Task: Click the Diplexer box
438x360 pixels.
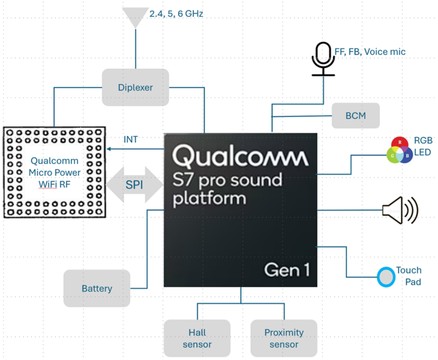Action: click(x=135, y=87)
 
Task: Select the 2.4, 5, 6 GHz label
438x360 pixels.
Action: click(x=176, y=14)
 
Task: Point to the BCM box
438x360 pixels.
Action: click(x=355, y=116)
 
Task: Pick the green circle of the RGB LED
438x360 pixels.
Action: click(x=393, y=155)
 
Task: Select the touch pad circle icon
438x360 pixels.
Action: click(x=386, y=277)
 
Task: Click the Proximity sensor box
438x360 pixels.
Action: click(x=284, y=338)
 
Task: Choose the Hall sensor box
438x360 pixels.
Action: click(x=197, y=338)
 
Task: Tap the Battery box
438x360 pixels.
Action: click(x=97, y=288)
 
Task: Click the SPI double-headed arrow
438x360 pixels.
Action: click(x=135, y=185)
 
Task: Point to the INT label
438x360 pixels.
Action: click(x=131, y=140)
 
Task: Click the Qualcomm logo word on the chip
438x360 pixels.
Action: click(x=240, y=156)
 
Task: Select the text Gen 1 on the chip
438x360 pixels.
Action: click(x=287, y=270)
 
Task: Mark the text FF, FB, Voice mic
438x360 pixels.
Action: click(x=370, y=52)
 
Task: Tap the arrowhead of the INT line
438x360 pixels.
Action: click(x=109, y=149)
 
